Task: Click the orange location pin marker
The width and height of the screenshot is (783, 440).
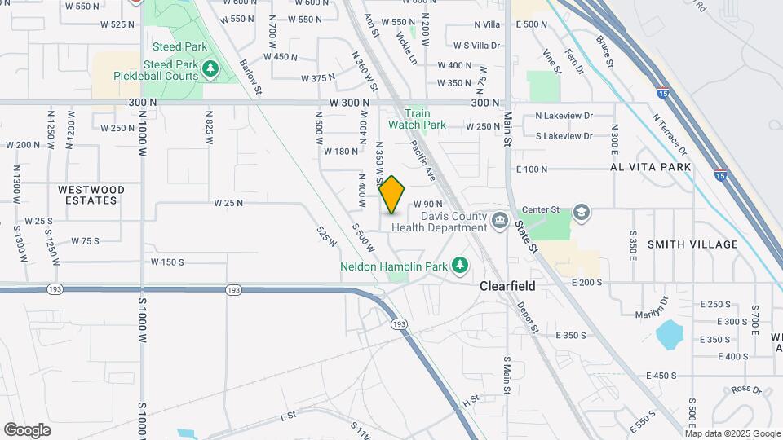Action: pyautogui.click(x=392, y=194)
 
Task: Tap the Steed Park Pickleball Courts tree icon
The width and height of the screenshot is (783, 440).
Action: pyautogui.click(x=211, y=70)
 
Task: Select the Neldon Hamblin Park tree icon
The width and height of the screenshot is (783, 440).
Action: pyautogui.click(x=461, y=266)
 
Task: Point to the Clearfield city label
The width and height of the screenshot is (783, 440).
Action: pyautogui.click(x=507, y=286)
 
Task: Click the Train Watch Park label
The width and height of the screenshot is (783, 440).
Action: pyautogui.click(x=417, y=120)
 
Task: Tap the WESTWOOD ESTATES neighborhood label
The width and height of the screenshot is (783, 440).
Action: pyautogui.click(x=92, y=196)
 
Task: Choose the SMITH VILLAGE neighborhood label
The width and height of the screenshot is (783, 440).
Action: pyautogui.click(x=692, y=244)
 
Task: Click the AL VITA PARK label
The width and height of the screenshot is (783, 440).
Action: pyautogui.click(x=650, y=166)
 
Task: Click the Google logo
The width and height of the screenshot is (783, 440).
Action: pyautogui.click(x=27, y=429)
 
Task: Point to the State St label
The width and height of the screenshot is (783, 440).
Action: pyautogui.click(x=527, y=236)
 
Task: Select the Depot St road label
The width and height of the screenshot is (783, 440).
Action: pyautogui.click(x=528, y=317)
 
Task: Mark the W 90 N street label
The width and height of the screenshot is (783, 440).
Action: pyautogui.click(x=427, y=204)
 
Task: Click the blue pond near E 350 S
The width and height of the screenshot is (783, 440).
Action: pyautogui.click(x=670, y=333)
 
